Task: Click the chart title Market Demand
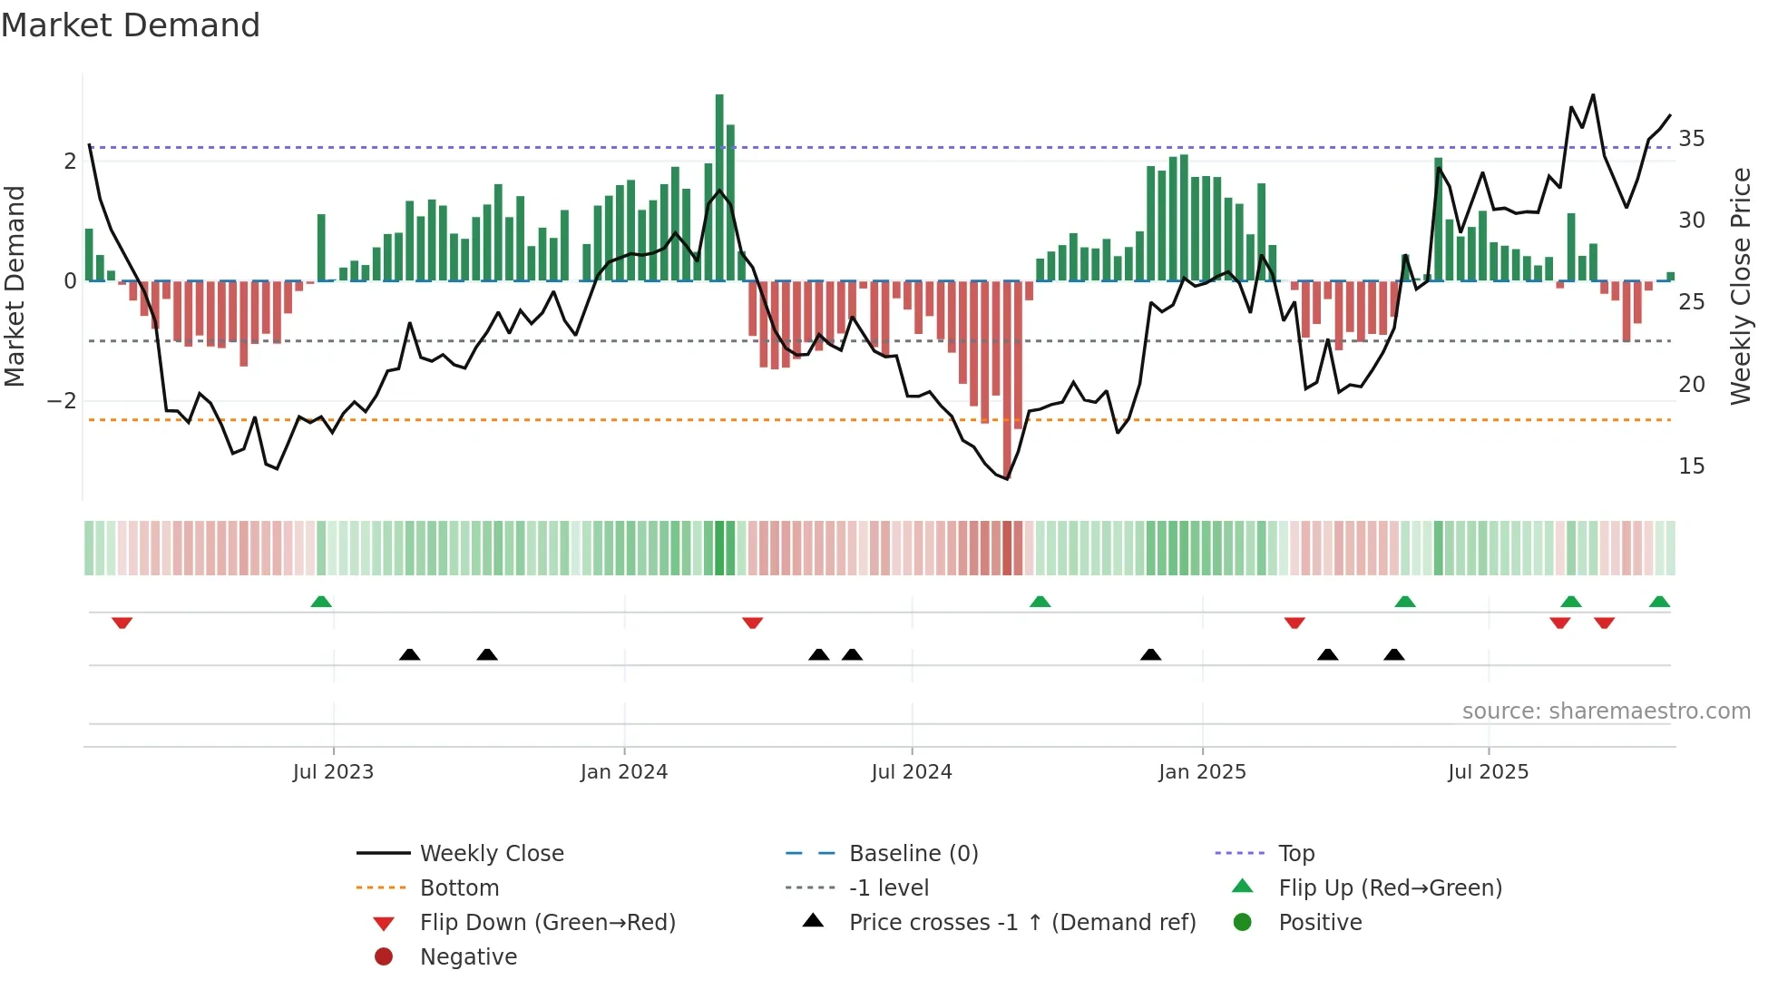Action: pyautogui.click(x=131, y=25)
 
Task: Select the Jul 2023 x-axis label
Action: pyautogui.click(x=333, y=772)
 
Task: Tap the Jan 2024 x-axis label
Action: pyautogui.click(x=624, y=772)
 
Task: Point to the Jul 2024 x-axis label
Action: pyautogui.click(x=912, y=772)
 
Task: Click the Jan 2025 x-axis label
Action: pyautogui.click(x=1202, y=772)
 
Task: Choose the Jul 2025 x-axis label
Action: pyautogui.click(x=1488, y=772)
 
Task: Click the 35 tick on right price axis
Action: pyautogui.click(x=1691, y=139)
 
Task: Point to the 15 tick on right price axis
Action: pyautogui.click(x=1691, y=466)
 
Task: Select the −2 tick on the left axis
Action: pyautogui.click(x=62, y=401)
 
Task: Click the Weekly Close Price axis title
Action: pyautogui.click(x=1740, y=286)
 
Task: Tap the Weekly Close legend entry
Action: pyautogui.click(x=491, y=854)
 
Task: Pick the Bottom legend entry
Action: pyautogui.click(x=459, y=888)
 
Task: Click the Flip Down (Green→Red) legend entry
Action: pyautogui.click(x=547, y=923)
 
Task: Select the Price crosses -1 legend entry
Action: pyautogui.click(x=1021, y=923)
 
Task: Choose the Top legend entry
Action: pyautogui.click(x=1296, y=854)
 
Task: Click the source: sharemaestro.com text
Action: pyautogui.click(x=1606, y=711)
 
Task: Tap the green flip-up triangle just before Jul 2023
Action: pyautogui.click(x=321, y=602)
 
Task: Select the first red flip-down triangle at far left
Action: pyautogui.click(x=122, y=623)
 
